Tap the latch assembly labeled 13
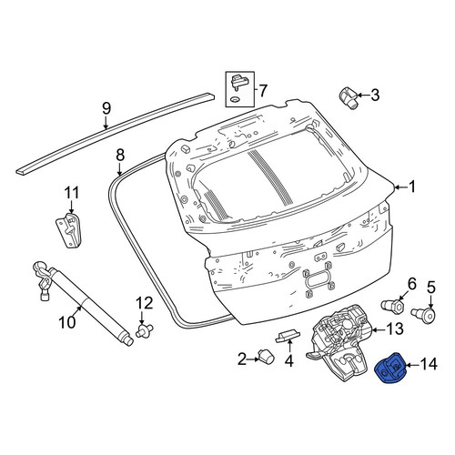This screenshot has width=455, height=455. click(340, 342)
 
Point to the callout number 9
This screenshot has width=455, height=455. click(106, 109)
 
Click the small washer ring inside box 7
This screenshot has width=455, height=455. click(234, 99)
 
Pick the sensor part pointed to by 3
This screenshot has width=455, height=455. click(348, 98)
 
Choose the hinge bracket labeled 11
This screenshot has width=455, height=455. click(69, 230)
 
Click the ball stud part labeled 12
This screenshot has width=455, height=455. click(145, 330)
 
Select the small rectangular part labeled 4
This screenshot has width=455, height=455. click(288, 336)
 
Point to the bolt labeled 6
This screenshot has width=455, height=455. click(392, 306)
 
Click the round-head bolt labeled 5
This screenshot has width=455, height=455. click(424, 314)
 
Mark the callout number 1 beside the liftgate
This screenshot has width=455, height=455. click(411, 187)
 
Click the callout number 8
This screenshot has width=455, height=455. click(120, 156)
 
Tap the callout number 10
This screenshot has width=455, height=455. click(67, 322)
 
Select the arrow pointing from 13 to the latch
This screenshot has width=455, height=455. click(379, 329)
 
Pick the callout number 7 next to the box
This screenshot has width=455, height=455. click(263, 90)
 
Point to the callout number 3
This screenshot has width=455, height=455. click(375, 95)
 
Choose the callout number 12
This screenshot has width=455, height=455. click(145, 303)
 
